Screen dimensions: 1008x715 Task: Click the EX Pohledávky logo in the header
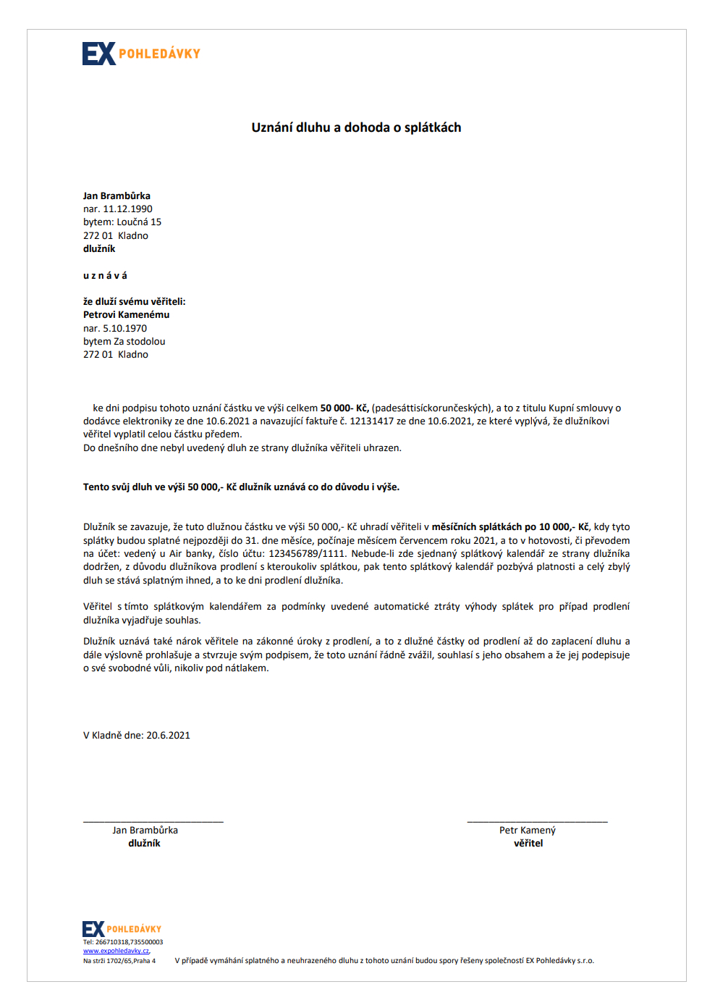[141, 54]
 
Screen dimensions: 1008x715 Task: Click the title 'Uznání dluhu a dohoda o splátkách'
[356, 127]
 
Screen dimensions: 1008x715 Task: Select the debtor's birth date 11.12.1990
[127, 209]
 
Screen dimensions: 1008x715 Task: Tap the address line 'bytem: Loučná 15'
[122, 222]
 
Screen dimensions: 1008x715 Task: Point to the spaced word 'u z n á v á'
[105, 275]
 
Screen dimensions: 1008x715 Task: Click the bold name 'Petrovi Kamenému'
[126, 315]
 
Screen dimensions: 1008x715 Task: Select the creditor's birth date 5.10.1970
[124, 329]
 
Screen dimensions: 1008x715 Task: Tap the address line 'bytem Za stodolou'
[124, 342]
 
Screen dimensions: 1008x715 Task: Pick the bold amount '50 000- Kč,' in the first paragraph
[344, 408]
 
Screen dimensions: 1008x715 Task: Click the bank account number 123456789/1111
[307, 554]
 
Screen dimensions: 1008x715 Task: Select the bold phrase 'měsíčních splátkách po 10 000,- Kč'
[510, 527]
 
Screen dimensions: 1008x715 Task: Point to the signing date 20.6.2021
[168, 736]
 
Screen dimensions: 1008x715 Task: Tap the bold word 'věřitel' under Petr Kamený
[528, 844]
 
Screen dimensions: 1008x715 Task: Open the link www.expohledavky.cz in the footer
[116, 951]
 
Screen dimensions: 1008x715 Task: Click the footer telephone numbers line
[123, 942]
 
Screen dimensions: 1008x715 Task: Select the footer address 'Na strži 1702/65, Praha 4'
[119, 961]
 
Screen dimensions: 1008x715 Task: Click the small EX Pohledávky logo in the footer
[122, 928]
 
